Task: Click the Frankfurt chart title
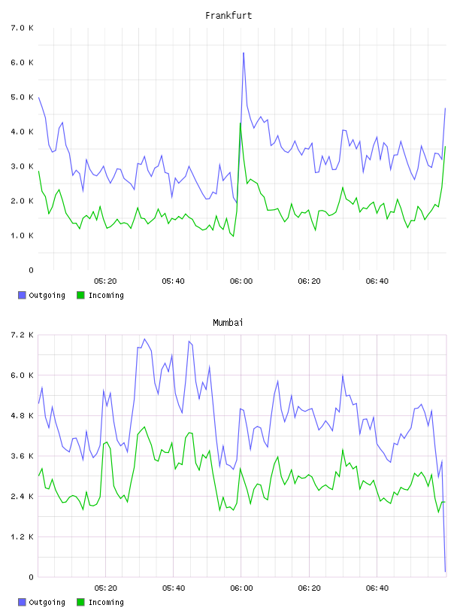[x=228, y=16]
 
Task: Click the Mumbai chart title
[x=228, y=323]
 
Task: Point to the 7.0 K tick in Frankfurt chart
[x=23, y=28]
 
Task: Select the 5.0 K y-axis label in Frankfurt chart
[x=23, y=97]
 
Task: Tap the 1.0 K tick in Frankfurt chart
[x=23, y=236]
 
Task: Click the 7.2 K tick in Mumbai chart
[x=23, y=335]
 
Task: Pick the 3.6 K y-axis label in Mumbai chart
[x=23, y=456]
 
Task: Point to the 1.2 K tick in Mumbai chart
[x=23, y=536]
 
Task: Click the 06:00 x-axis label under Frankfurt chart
[x=241, y=281]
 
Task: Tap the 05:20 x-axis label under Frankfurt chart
[x=105, y=281]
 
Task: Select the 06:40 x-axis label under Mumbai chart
[x=377, y=588]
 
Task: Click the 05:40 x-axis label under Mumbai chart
[x=174, y=588]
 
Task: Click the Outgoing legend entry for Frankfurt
[x=41, y=295]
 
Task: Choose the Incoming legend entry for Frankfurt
[x=100, y=295]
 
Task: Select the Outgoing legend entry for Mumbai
[x=41, y=602]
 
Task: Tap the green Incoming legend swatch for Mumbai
[x=80, y=602]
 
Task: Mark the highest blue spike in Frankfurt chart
[x=244, y=53]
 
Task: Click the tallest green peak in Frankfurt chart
[x=241, y=123]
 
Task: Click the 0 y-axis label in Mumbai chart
[x=31, y=577]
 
